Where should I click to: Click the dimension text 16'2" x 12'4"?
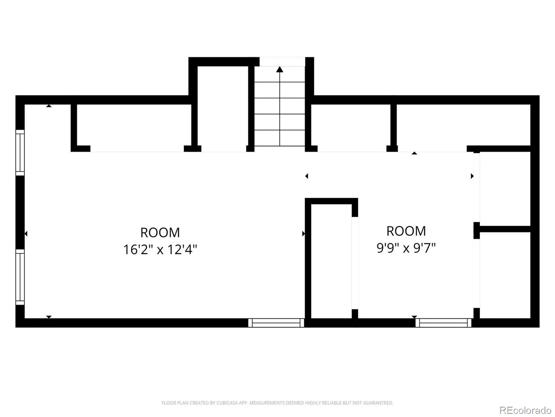point(160,250)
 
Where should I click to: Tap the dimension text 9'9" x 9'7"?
point(406,248)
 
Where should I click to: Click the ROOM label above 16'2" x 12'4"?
point(160,232)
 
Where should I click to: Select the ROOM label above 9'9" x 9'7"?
point(406,231)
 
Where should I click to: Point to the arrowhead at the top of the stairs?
point(279,69)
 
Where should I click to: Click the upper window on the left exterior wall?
point(20,153)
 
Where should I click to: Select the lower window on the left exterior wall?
point(20,277)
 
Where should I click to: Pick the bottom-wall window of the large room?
point(276,323)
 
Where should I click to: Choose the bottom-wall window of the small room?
point(443,323)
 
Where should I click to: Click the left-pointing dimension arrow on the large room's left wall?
point(26,234)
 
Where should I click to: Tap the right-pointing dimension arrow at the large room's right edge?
point(304,234)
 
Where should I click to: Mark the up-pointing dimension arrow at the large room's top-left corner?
point(49,106)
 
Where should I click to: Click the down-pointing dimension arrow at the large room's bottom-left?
point(49,317)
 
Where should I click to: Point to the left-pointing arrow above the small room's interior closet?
point(307,176)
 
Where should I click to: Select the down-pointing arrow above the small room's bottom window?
point(414,317)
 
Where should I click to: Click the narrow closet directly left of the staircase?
point(223,109)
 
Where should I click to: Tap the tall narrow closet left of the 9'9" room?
point(331,261)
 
